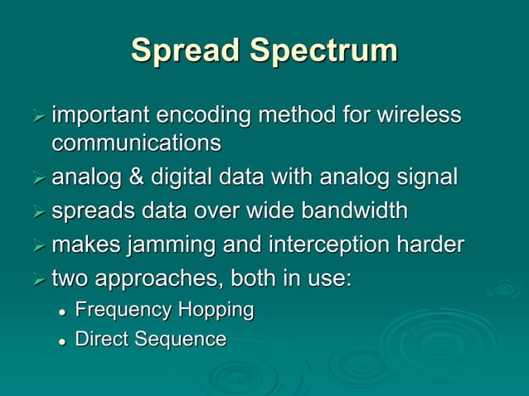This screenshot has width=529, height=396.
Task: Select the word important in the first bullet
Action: click(x=101, y=117)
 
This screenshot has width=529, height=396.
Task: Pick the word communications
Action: click(x=137, y=143)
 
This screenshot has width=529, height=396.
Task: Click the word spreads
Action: click(x=93, y=211)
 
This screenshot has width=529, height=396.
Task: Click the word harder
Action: click(x=429, y=245)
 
